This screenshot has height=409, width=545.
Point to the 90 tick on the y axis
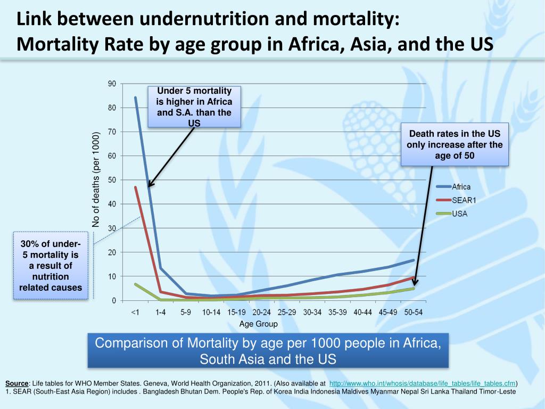click(112, 84)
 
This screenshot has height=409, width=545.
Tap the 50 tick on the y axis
click(112, 180)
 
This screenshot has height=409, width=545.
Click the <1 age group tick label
click(135, 313)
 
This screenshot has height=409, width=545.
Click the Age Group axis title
click(258, 324)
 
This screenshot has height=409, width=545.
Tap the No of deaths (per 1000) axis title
click(96, 179)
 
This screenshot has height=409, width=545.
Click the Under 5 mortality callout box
click(194, 107)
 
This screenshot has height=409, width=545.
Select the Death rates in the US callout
click(455, 145)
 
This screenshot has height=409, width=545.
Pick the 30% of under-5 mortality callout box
click(51, 266)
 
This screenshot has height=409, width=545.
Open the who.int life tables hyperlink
click(423, 383)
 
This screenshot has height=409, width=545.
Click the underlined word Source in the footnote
click(16, 383)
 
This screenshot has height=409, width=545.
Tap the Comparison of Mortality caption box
click(268, 351)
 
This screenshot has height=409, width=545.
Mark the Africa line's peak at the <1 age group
click(135, 97)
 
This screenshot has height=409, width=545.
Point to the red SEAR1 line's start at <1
click(135, 187)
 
